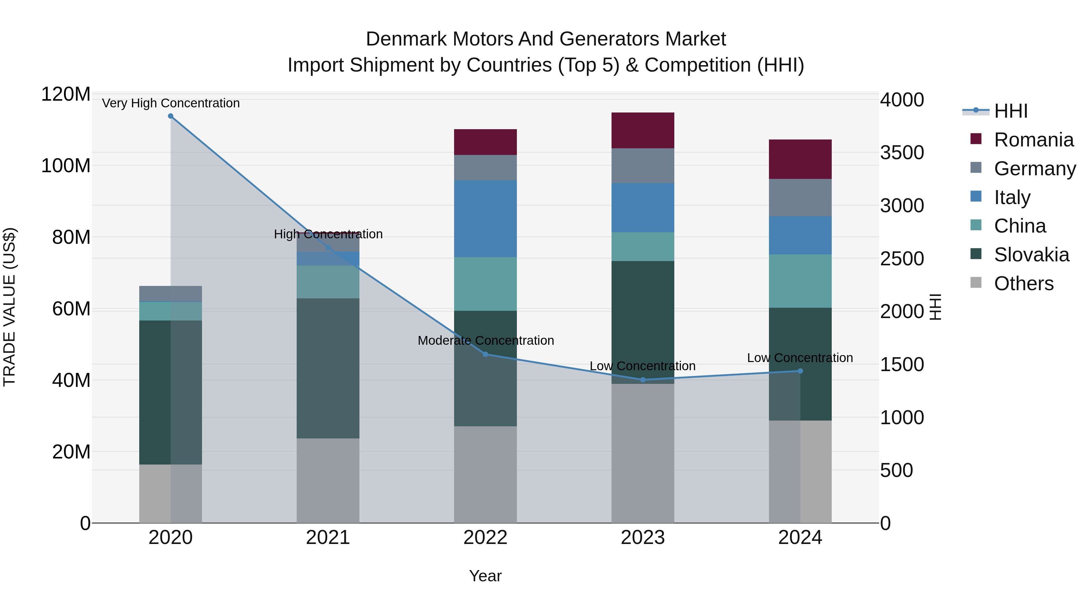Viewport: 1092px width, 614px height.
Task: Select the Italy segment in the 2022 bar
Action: pos(485,219)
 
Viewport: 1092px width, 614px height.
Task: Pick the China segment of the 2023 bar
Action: pos(643,246)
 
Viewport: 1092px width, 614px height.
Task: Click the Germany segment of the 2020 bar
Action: pos(170,293)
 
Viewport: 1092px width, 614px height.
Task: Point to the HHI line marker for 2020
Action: pos(170,116)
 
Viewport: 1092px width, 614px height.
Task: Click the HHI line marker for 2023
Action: pos(643,380)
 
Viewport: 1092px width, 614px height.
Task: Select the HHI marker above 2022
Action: pos(485,354)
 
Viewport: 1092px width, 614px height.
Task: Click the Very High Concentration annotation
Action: pos(170,103)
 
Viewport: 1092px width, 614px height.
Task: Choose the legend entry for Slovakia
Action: pos(1031,255)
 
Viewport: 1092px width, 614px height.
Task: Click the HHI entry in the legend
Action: pos(1011,111)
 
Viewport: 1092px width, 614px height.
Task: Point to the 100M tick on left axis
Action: pos(66,165)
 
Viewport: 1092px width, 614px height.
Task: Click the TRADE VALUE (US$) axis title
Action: pos(9,307)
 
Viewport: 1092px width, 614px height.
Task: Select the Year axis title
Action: pos(485,576)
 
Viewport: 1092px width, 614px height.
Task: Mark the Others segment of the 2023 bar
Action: pos(643,453)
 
